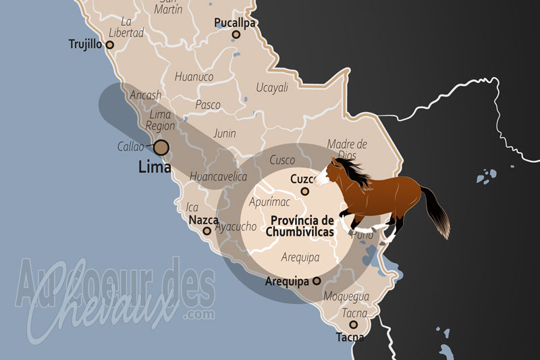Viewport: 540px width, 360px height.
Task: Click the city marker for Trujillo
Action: [111, 45]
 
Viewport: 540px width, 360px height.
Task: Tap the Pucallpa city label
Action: [234, 22]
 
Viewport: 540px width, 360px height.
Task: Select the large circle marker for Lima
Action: [161, 147]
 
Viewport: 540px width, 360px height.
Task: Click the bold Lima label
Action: [154, 167]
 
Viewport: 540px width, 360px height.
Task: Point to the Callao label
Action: [130, 146]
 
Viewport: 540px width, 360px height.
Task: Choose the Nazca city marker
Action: [207, 231]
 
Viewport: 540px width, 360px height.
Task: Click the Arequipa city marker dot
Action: [317, 281]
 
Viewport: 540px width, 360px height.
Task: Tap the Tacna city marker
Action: [353, 325]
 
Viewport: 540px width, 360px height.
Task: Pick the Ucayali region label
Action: [272, 87]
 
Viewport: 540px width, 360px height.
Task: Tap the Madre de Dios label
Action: [347, 149]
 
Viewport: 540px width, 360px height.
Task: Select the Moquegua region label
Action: [346, 297]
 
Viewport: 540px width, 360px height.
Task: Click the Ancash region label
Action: [146, 95]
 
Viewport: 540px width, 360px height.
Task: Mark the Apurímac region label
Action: [269, 202]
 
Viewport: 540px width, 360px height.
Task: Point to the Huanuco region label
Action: [194, 76]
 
